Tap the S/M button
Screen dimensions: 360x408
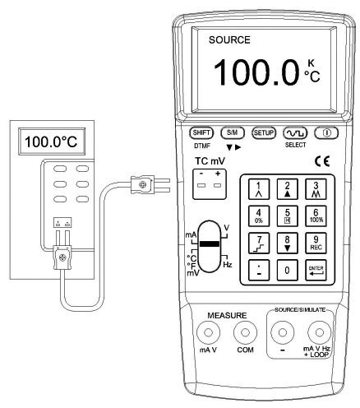point(233,133)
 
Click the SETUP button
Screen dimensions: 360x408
point(264,133)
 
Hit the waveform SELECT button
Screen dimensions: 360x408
point(295,133)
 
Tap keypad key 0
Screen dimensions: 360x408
point(287,271)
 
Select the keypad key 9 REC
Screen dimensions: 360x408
point(316,243)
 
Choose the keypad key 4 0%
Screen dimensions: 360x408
point(259,216)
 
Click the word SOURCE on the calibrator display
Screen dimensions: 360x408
point(229,40)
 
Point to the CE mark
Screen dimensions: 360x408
point(322,161)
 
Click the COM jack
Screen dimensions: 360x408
point(245,332)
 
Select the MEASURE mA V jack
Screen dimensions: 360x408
point(208,332)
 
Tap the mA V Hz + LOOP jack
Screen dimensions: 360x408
point(319,332)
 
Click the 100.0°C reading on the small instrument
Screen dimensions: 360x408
point(51,141)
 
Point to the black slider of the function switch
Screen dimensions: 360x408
point(210,243)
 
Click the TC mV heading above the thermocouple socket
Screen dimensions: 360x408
point(210,161)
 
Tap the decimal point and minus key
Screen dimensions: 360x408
point(259,271)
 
